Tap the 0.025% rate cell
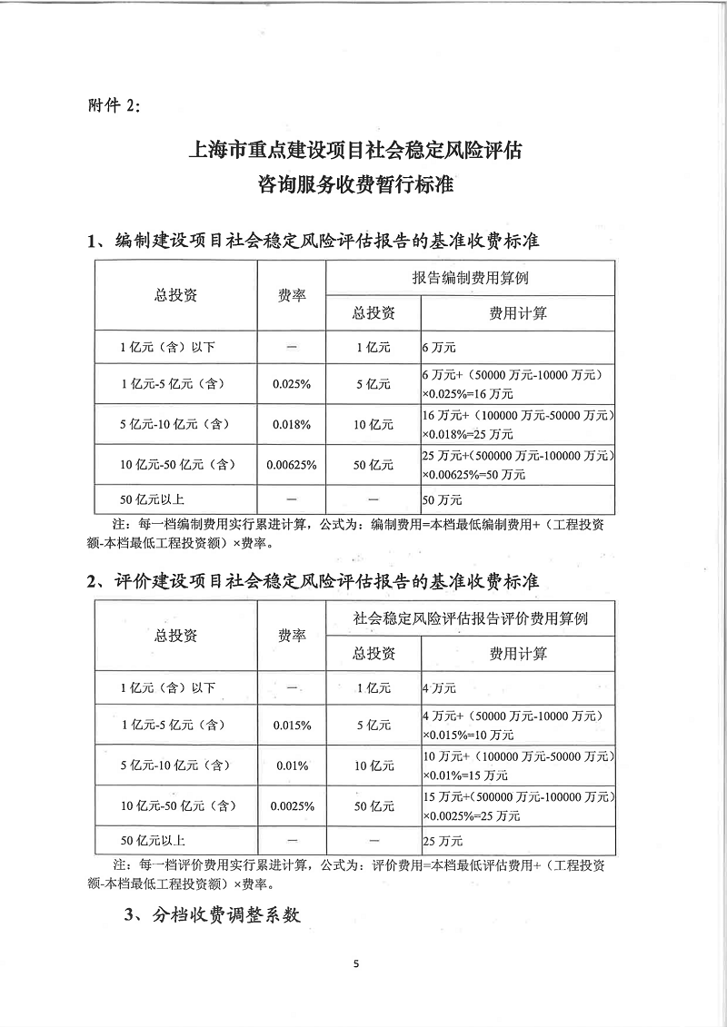coord(292,384)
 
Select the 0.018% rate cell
coord(292,424)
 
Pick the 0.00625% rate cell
coord(292,465)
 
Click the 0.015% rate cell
coord(292,726)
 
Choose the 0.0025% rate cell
coord(292,805)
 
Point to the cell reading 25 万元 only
coord(443,841)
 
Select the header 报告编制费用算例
coord(471,278)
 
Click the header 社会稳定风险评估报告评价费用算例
coord(471,619)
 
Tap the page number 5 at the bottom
coord(357,963)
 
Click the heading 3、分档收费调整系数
coord(213,915)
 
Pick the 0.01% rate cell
coord(292,765)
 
